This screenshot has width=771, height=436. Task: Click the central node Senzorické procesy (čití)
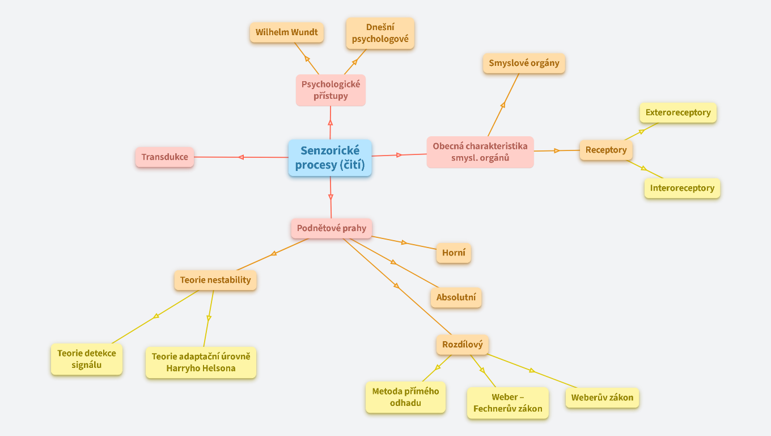click(x=330, y=158)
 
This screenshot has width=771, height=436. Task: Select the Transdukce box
click(x=164, y=157)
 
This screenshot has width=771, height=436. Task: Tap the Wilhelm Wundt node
click(x=286, y=32)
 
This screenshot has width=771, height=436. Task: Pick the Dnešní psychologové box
click(x=380, y=33)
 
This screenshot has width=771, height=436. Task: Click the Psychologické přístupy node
click(x=331, y=90)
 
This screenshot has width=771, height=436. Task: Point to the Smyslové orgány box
click(x=524, y=63)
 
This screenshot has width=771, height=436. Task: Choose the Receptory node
click(x=605, y=150)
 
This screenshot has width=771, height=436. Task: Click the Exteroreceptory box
click(x=678, y=112)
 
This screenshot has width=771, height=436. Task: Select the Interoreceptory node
click(x=682, y=188)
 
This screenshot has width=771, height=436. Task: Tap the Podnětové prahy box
click(x=332, y=228)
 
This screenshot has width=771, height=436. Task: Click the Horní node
click(x=454, y=253)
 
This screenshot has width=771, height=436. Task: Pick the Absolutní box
click(x=456, y=297)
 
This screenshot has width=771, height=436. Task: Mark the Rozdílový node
click(x=462, y=345)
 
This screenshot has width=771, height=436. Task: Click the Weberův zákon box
click(x=602, y=397)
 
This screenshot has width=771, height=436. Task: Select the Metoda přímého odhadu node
click(x=405, y=397)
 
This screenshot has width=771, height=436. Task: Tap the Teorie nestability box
click(x=215, y=280)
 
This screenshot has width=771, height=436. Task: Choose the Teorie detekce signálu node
click(x=86, y=359)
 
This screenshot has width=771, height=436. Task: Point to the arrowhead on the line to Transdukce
click(x=241, y=157)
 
